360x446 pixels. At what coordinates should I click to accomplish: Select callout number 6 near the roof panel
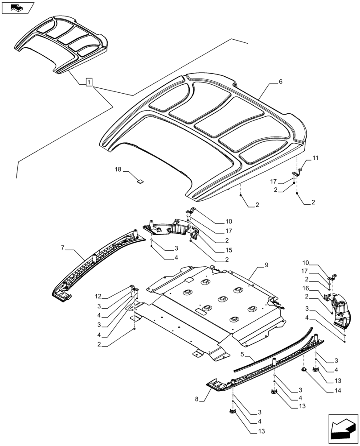pos(281,82)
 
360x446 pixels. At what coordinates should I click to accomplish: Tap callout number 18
pos(118,170)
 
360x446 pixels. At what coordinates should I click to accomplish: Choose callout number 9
pos(266,265)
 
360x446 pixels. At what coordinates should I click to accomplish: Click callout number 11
pos(315,158)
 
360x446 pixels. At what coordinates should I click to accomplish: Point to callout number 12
pos(98,296)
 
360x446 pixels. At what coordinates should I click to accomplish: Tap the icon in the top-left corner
pos(18,8)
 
